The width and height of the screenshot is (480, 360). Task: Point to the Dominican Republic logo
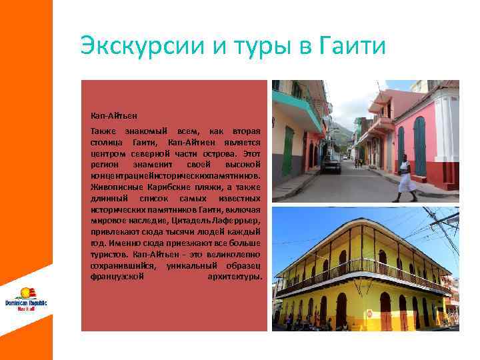(26, 297)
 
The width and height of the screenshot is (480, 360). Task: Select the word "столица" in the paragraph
(105, 143)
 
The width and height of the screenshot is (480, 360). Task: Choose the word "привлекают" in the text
(112, 231)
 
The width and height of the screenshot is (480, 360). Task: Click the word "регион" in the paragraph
(103, 164)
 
